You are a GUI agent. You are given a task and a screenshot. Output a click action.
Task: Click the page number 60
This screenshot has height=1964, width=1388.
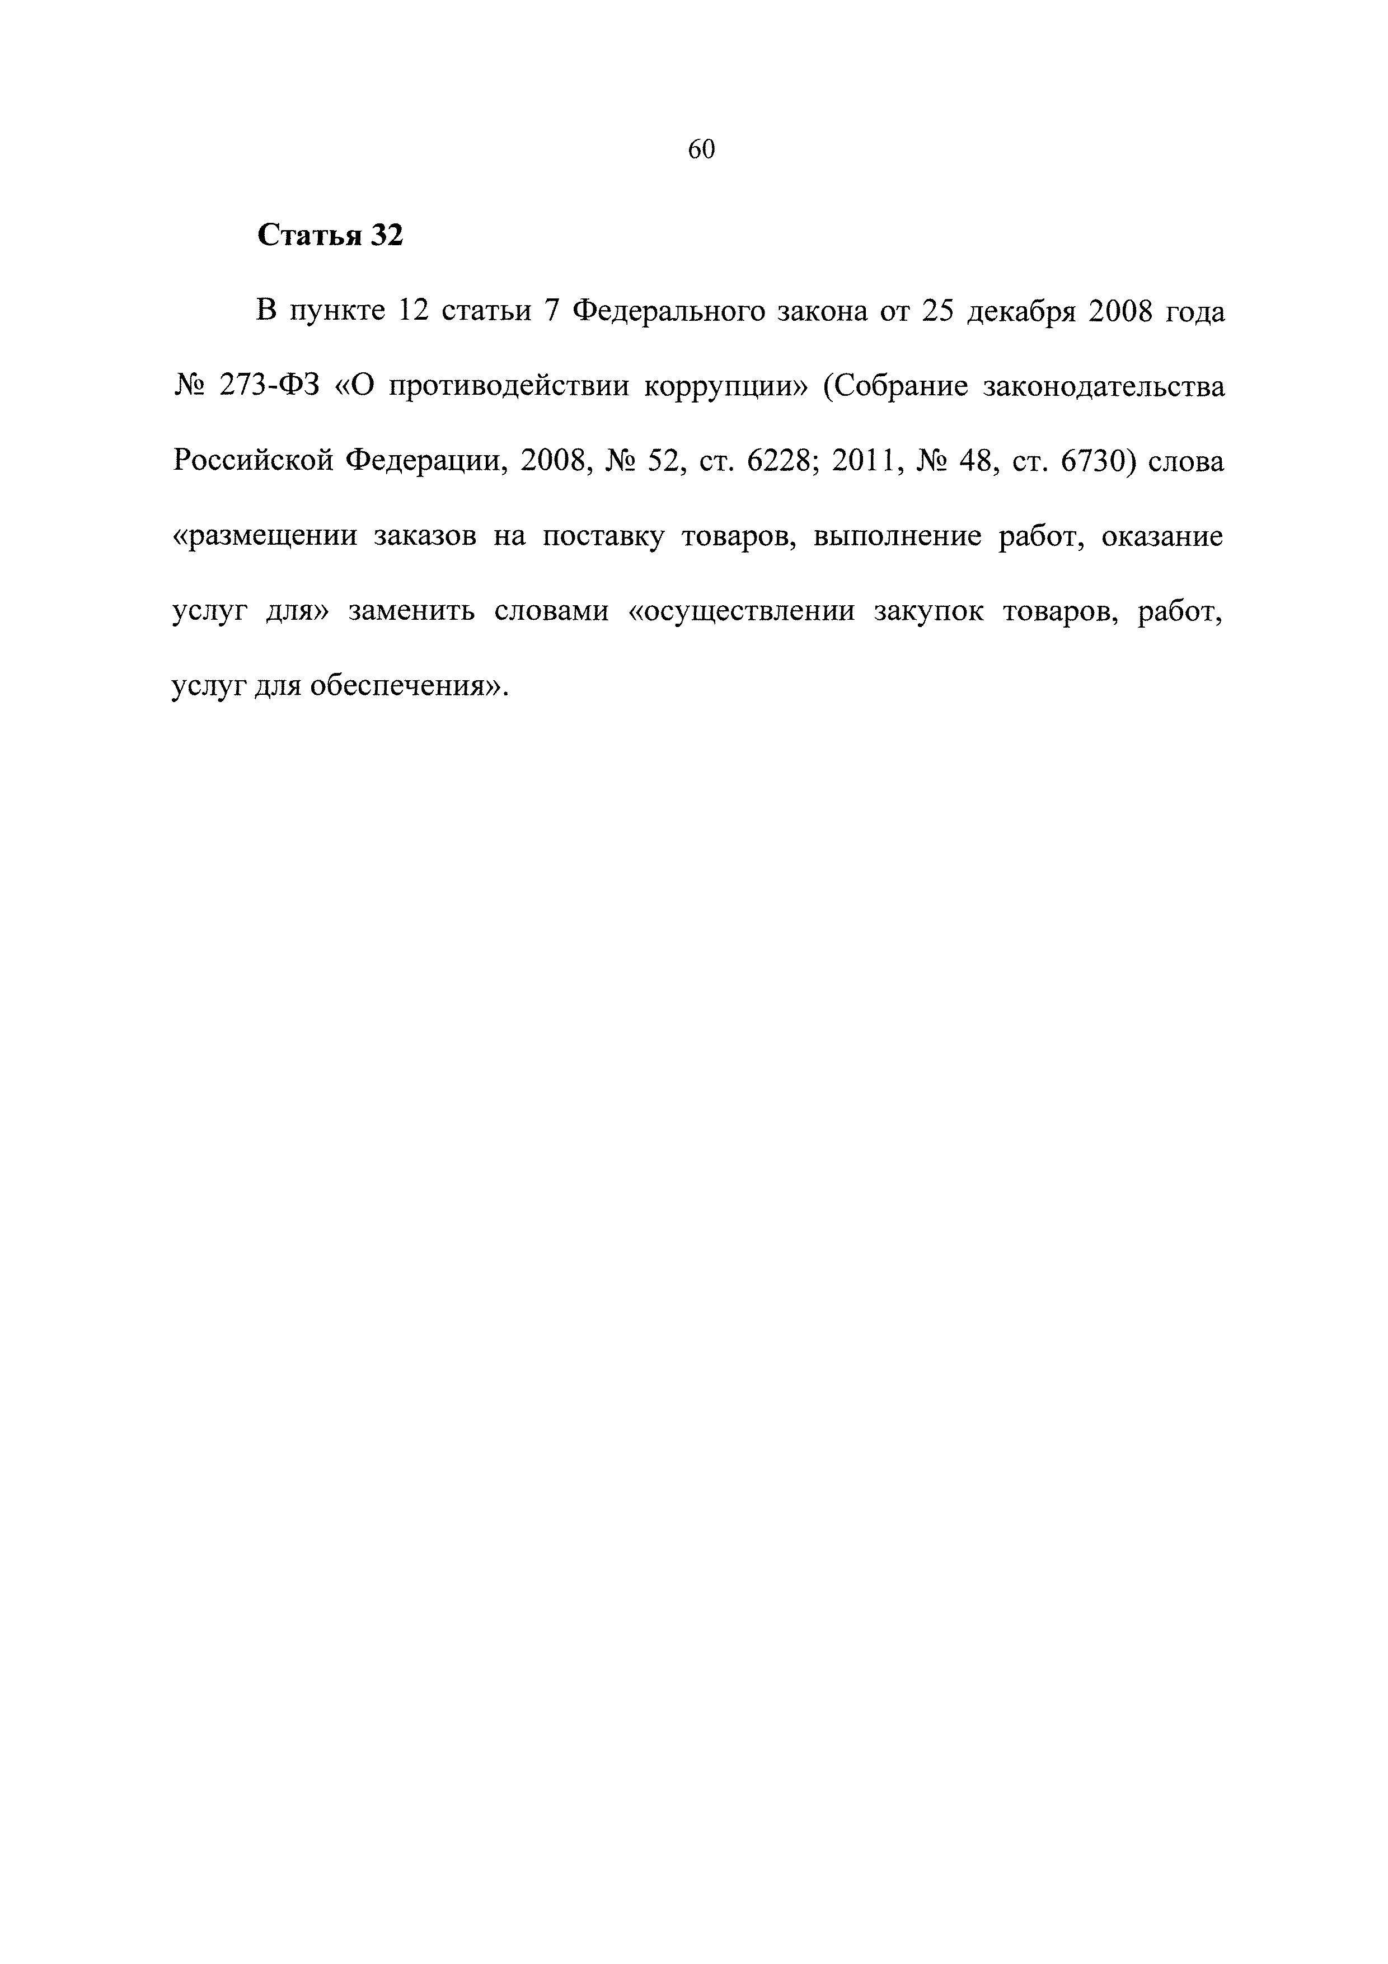coord(701,149)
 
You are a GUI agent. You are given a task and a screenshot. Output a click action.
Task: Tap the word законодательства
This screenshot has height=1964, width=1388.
coord(1104,387)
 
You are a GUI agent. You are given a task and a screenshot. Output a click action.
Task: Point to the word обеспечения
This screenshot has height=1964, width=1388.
coord(401,687)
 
